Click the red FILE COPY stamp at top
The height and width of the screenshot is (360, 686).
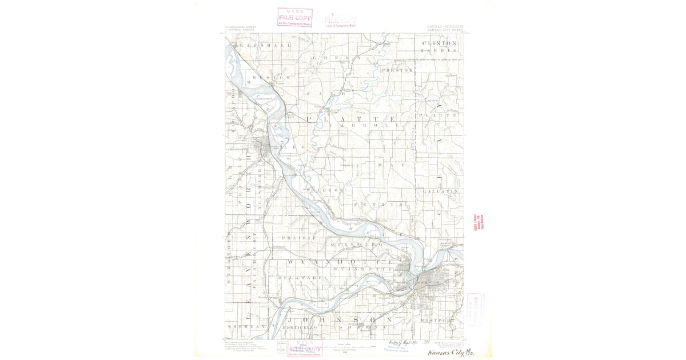point(295,17)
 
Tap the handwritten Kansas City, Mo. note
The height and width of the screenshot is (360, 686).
point(450,353)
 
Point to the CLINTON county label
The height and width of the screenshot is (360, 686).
point(439,43)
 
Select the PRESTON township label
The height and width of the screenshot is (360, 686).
point(397,70)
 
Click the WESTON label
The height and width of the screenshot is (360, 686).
point(271,77)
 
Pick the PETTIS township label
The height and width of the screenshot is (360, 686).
point(378,204)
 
